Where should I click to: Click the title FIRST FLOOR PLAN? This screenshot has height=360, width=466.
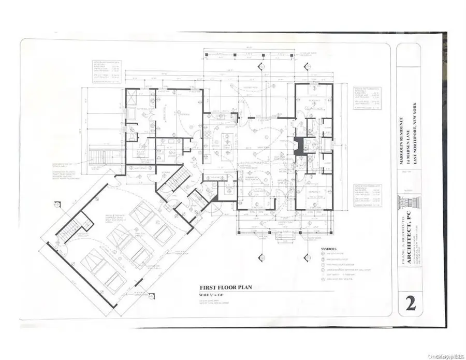[x=226, y=287]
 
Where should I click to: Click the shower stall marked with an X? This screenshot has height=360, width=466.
[x=131, y=97]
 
